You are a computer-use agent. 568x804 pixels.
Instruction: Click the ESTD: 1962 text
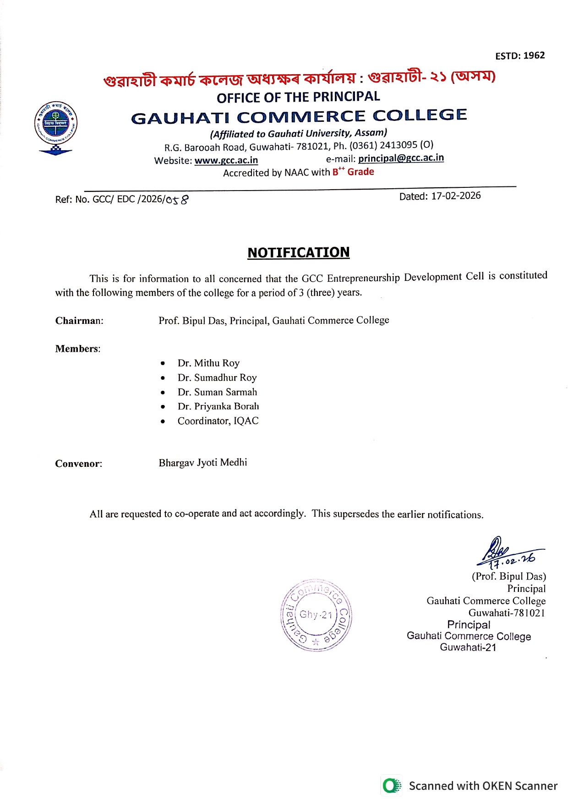tap(520, 56)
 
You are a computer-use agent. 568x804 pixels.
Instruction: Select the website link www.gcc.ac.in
tap(226, 160)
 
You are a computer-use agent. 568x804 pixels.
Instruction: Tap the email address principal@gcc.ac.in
tap(401, 158)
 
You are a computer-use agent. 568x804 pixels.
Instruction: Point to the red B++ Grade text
tap(353, 172)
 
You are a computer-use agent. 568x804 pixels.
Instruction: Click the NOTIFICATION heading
tap(298, 252)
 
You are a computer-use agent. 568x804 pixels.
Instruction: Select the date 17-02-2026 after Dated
tap(456, 196)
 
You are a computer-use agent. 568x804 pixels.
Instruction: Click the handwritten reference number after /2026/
tap(177, 200)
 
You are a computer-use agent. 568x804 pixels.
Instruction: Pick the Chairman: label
tap(79, 321)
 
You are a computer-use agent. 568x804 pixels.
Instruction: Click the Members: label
tap(78, 349)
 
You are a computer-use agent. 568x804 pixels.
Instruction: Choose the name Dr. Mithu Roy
tap(208, 363)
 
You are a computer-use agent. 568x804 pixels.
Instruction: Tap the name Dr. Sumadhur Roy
tap(217, 377)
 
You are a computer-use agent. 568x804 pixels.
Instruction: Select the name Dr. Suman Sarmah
tap(217, 392)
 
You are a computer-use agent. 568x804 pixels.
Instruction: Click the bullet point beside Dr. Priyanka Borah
tap(163, 407)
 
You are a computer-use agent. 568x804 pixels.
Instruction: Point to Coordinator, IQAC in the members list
tap(218, 421)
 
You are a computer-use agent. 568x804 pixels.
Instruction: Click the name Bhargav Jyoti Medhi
tap(203, 463)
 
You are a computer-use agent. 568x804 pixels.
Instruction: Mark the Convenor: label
tap(79, 464)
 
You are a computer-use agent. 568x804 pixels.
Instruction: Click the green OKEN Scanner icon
tap(391, 786)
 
